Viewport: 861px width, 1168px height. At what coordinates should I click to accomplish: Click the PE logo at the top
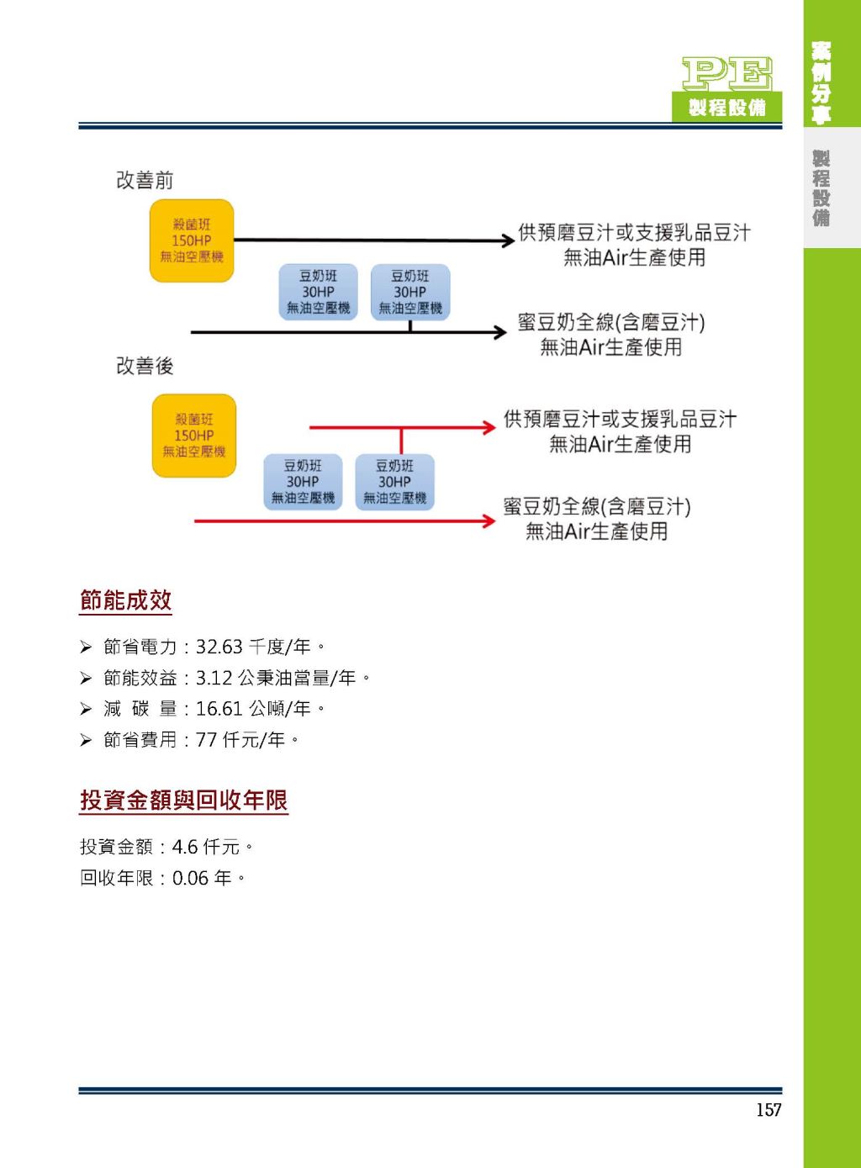tap(727, 73)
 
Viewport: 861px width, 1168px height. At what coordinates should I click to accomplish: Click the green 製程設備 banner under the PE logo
tap(727, 108)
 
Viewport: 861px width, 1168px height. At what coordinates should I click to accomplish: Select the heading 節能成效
tap(125, 600)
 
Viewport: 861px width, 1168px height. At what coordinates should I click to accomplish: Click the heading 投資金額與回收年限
tap(183, 801)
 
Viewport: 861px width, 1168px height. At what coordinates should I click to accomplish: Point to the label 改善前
tap(145, 181)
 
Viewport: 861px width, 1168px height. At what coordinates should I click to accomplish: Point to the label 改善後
tap(145, 366)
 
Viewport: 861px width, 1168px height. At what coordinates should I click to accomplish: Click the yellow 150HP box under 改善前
tap(192, 240)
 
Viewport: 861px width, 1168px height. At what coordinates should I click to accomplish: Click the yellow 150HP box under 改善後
tap(194, 436)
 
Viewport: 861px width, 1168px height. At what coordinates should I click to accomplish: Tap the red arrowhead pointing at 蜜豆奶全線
tap(489, 521)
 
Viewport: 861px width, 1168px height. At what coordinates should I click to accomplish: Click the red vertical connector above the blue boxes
tap(401, 441)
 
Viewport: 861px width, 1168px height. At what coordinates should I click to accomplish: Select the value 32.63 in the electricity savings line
tap(219, 647)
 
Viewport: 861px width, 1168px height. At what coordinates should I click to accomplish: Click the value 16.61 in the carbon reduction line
tap(219, 709)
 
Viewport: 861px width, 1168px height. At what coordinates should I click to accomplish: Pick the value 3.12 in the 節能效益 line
tap(214, 678)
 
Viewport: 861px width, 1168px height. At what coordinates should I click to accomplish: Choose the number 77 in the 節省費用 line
tap(206, 739)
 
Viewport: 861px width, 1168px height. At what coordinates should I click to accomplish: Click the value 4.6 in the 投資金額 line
tap(185, 848)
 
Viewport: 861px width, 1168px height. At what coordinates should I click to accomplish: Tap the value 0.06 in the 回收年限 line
tap(190, 878)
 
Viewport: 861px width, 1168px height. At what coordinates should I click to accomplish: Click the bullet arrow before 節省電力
tap(86, 647)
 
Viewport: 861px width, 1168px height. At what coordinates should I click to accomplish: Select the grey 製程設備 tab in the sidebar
tap(821, 188)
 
